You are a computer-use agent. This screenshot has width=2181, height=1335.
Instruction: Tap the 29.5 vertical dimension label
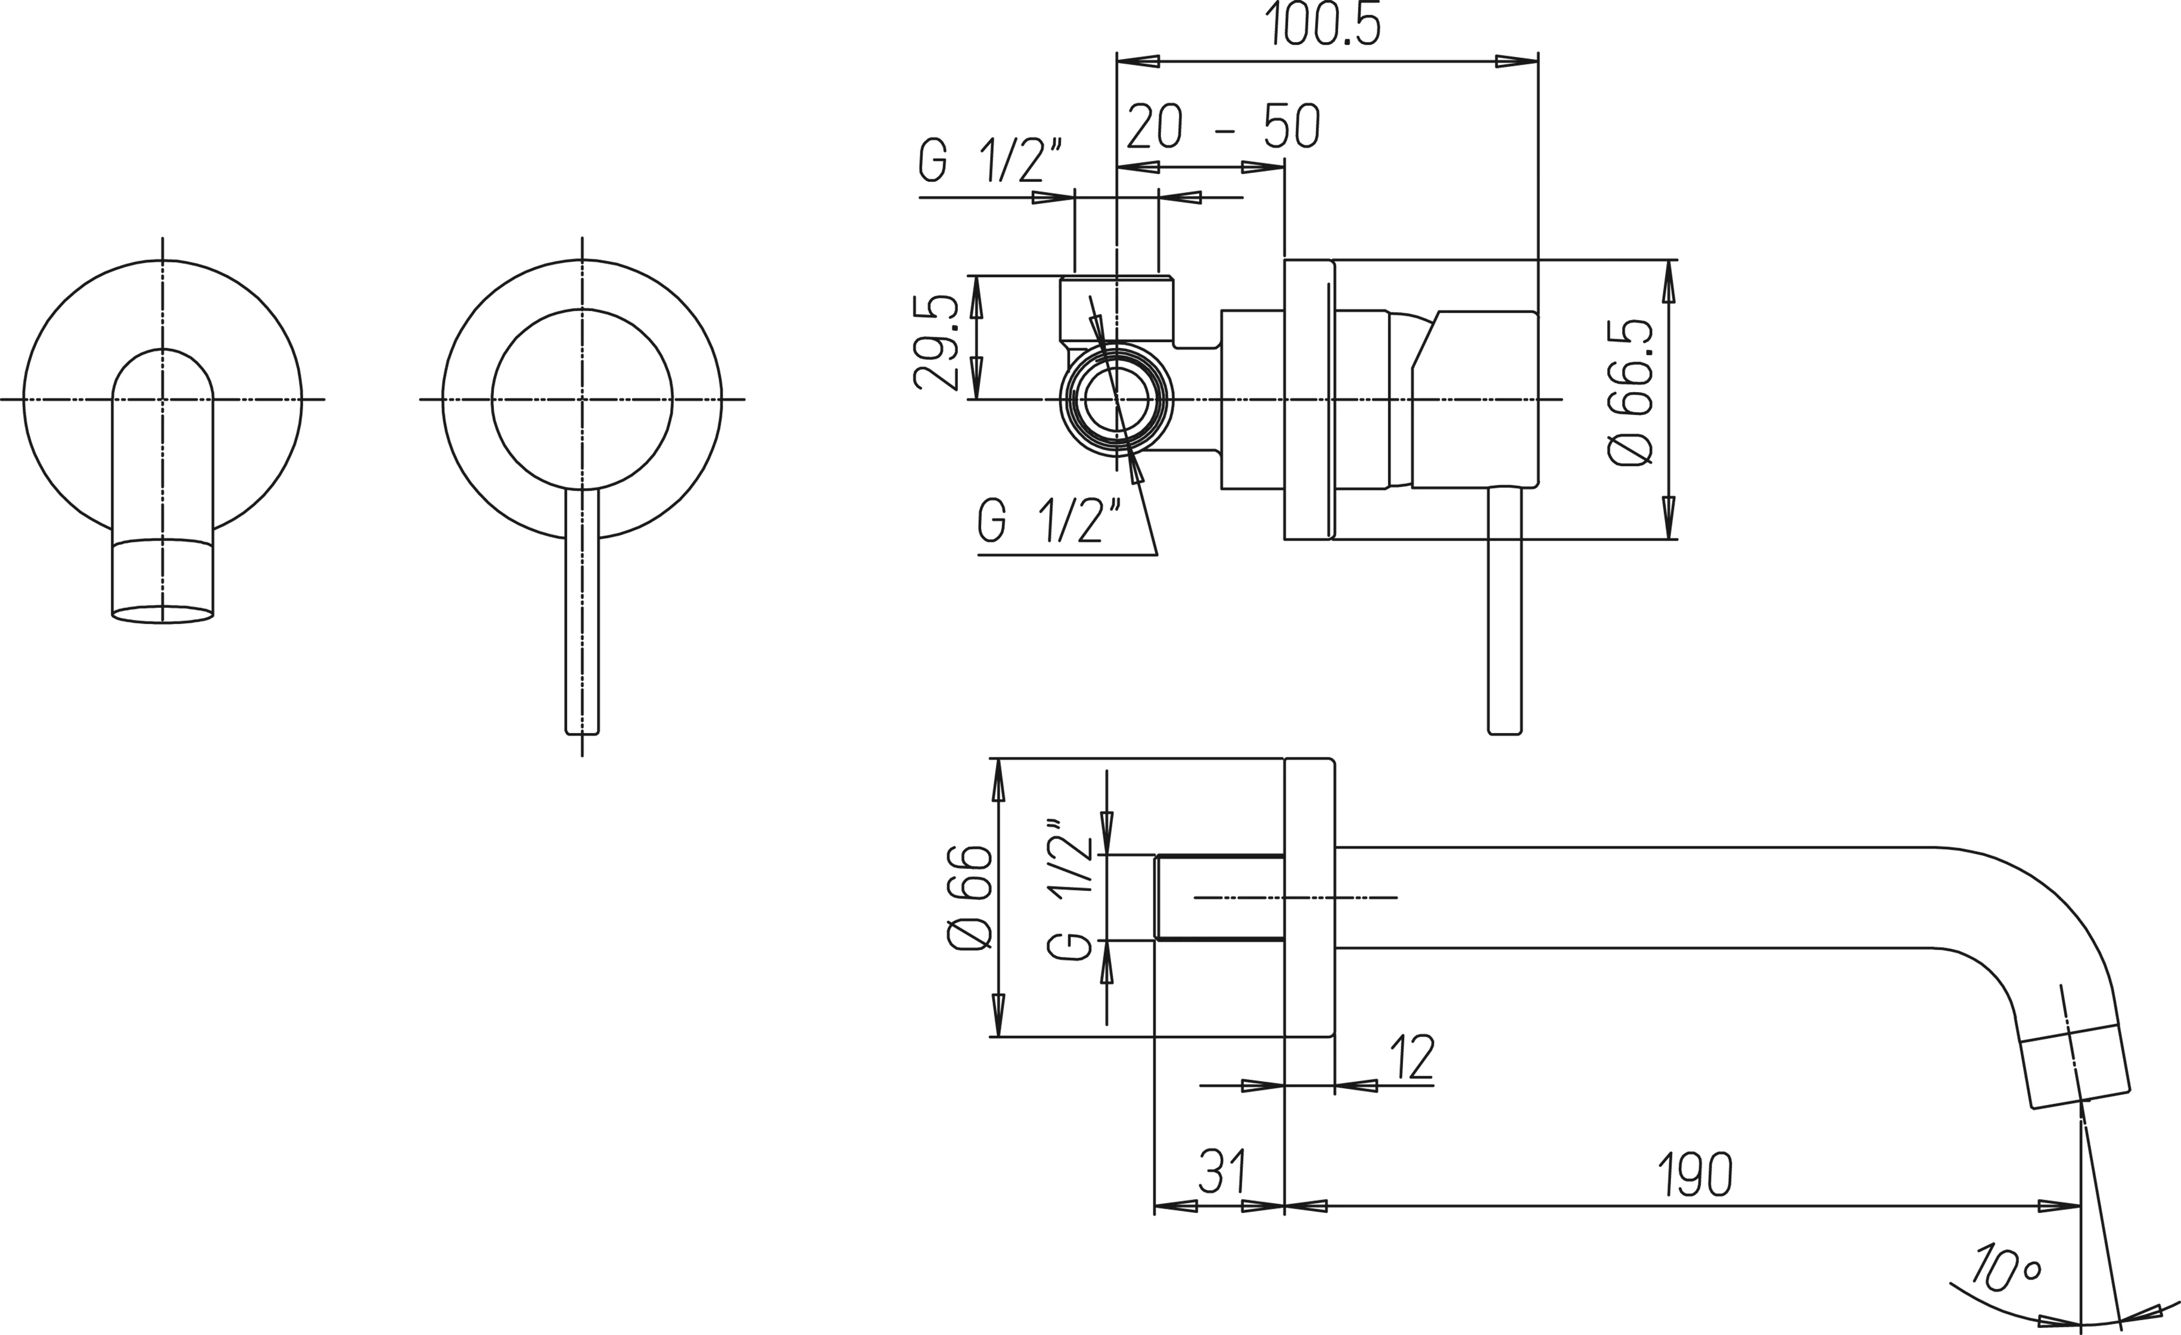(x=935, y=343)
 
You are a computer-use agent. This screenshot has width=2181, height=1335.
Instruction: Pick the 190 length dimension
(x=1694, y=1175)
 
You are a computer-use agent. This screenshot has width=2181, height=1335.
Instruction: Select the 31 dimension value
(x=1222, y=1173)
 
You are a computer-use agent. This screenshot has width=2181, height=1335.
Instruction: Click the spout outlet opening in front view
(x=162, y=614)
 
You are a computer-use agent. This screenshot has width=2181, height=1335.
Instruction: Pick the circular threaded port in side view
(x=1116, y=399)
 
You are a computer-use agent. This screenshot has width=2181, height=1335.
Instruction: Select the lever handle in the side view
(x=1505, y=611)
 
